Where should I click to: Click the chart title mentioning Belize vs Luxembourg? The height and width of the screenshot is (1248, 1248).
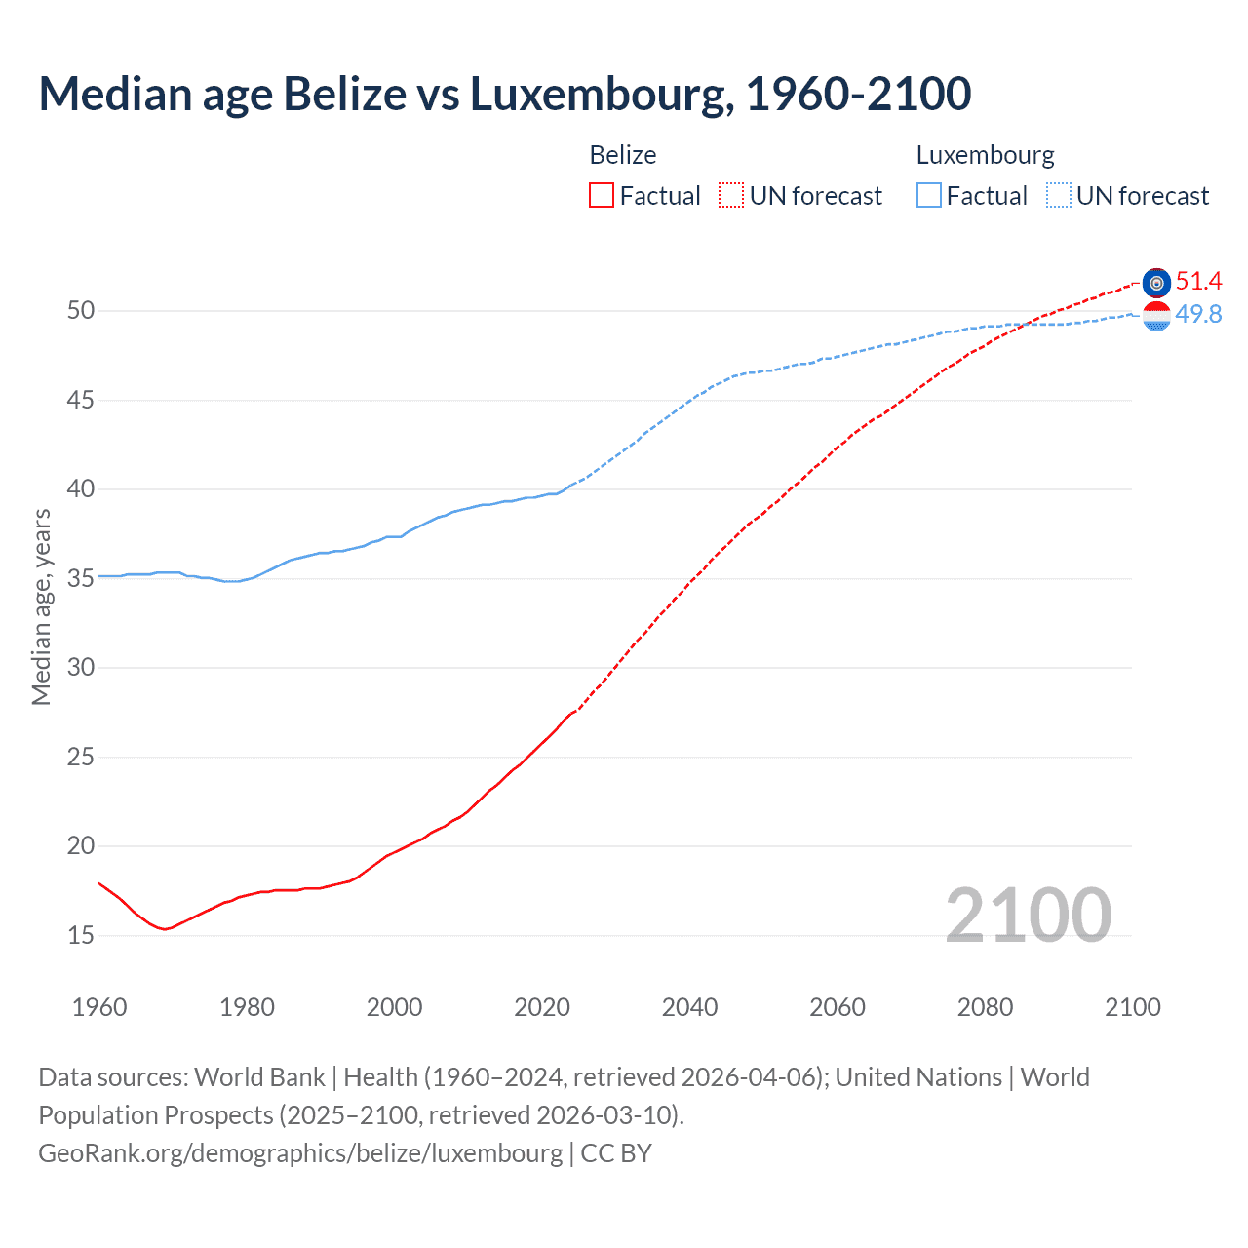[504, 95]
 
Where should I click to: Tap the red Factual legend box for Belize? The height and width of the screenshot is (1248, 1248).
[602, 196]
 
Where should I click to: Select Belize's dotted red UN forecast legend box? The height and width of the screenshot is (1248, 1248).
[731, 196]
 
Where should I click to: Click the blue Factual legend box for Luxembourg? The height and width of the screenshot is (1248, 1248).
[929, 196]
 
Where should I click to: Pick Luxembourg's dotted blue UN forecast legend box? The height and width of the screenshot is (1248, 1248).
[1059, 196]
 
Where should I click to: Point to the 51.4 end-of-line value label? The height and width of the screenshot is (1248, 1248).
[1198, 282]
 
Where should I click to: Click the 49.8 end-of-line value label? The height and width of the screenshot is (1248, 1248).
[1198, 314]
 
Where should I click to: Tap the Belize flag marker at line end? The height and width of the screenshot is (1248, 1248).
[1156, 283]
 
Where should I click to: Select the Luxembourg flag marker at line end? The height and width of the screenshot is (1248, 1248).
[1156, 316]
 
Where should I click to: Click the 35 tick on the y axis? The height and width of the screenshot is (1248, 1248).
[81, 578]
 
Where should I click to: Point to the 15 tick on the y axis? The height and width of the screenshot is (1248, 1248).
[81, 935]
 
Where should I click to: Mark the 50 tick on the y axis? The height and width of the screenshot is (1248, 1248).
[81, 311]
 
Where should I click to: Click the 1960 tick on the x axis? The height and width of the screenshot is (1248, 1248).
[99, 1007]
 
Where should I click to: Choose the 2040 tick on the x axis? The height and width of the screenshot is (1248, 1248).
[689, 1007]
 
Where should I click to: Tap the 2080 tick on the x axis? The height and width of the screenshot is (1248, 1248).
[985, 1007]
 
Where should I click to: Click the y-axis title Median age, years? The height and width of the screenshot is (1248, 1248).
[41, 606]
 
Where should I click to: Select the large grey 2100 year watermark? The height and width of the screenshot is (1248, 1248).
[1028, 915]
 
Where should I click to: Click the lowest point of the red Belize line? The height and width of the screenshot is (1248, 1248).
[165, 929]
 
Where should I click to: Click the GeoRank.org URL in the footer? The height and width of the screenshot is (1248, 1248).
[300, 1153]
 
